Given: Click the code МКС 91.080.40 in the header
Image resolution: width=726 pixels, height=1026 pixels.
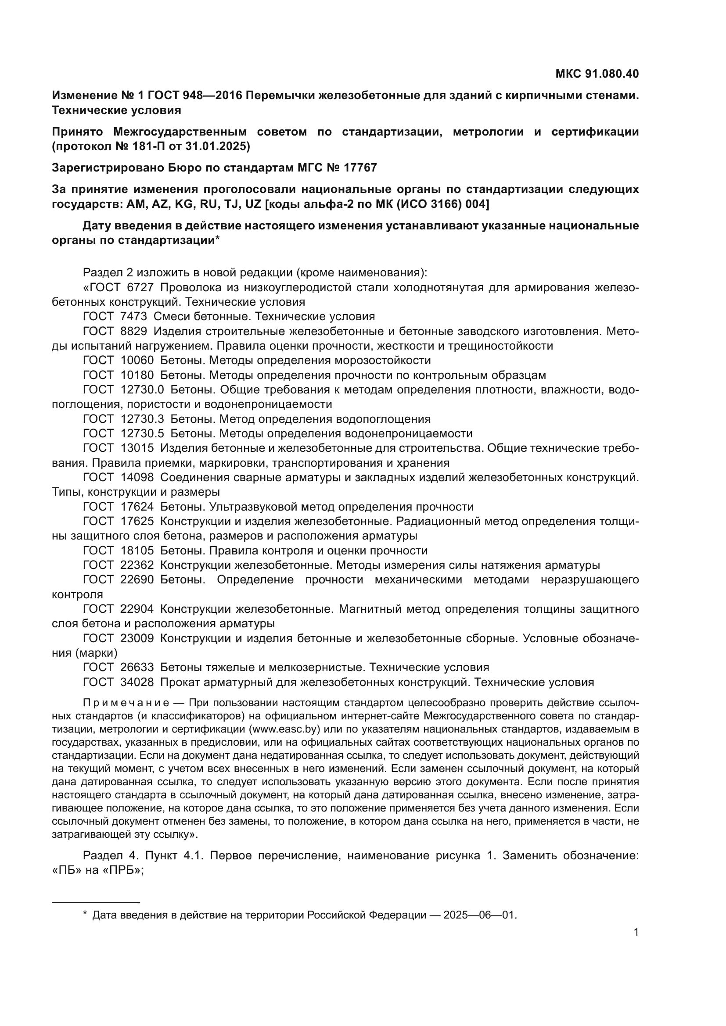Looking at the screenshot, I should (x=597, y=74).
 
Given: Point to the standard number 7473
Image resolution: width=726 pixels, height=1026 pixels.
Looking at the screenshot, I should (x=134, y=317).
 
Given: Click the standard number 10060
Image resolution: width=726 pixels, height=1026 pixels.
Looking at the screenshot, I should (x=137, y=361).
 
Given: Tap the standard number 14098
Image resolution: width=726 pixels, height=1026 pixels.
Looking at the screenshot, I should (x=137, y=478).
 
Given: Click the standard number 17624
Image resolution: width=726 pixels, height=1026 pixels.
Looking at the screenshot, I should (x=137, y=507).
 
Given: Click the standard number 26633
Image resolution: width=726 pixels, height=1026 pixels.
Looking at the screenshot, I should (x=137, y=668).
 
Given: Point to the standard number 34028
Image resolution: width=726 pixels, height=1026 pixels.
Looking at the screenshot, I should (x=137, y=683).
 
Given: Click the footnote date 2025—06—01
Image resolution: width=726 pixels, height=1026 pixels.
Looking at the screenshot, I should (x=479, y=915).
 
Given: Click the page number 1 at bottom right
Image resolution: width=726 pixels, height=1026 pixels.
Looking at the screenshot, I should (x=636, y=932).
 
